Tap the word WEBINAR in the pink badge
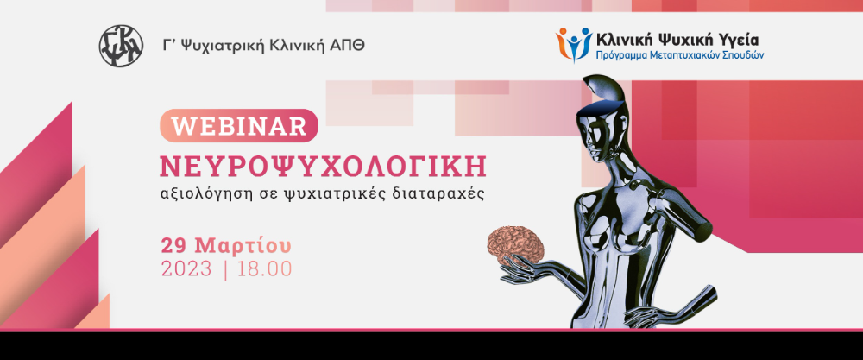pos(239,127)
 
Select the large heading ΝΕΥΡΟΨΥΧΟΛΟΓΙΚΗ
pos(323,167)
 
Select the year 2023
pos(186,269)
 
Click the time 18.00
pos(265,269)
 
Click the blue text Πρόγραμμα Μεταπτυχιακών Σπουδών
pos(680,55)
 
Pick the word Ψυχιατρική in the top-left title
pos(221,47)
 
